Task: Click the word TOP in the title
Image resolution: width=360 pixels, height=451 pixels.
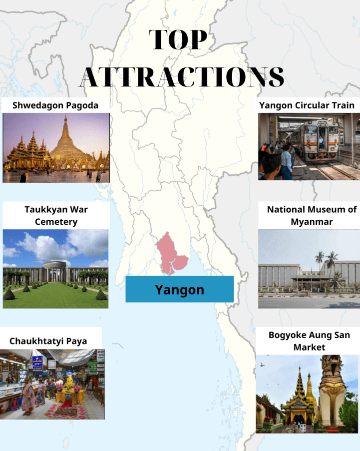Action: coord(179,40)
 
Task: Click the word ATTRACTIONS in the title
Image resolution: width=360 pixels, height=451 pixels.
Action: coord(182,77)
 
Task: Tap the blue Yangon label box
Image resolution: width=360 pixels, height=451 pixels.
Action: coord(179,289)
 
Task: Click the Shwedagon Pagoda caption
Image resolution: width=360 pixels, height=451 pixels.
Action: coord(55,105)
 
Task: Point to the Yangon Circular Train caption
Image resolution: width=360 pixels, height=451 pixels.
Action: coord(307,105)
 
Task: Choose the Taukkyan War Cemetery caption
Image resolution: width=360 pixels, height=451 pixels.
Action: coord(55,215)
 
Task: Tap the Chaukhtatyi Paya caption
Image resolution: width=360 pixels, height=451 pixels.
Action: coord(48,341)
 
